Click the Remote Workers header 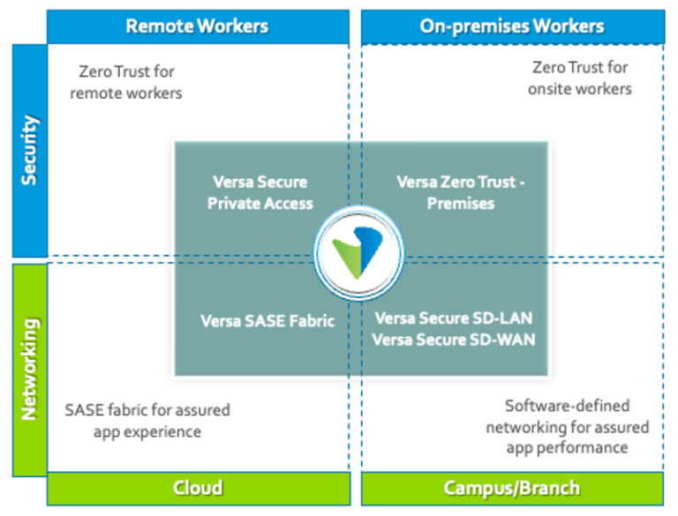(197, 25)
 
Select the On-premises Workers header (512, 25)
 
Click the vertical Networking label (28, 368)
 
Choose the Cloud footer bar (197, 487)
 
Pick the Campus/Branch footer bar (512, 487)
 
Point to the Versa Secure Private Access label (260, 192)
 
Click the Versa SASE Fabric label (267, 321)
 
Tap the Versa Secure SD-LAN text (454, 318)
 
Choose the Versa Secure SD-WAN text (454, 339)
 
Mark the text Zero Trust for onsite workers (580, 78)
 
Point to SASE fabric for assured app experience (147, 421)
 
